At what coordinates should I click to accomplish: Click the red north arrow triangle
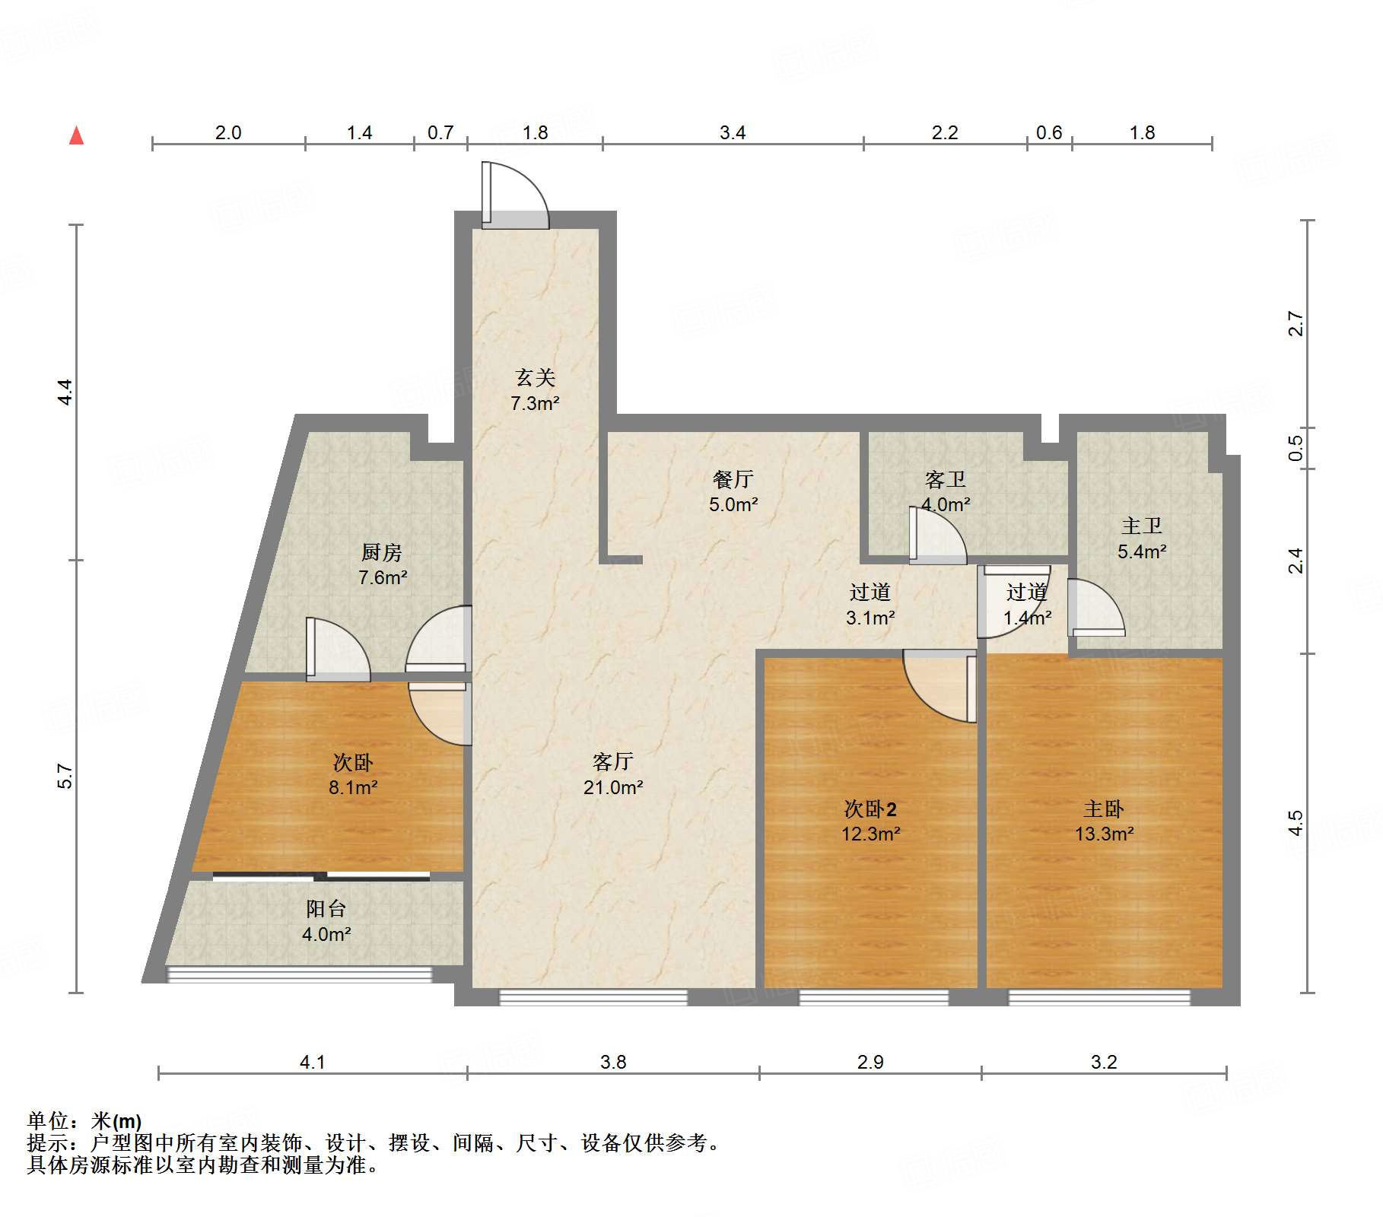click(x=76, y=135)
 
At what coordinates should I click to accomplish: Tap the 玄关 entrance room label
click(x=535, y=377)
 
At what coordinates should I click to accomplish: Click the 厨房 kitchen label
click(x=382, y=552)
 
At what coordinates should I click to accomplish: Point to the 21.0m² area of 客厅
click(x=613, y=787)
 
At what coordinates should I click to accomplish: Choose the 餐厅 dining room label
click(x=733, y=479)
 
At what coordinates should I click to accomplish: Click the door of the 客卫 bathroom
click(x=937, y=536)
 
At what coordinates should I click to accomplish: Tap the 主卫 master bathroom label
click(x=1141, y=526)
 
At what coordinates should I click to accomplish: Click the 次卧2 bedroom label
click(x=870, y=809)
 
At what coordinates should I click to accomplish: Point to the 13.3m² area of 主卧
click(x=1104, y=834)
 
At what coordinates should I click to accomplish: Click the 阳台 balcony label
click(x=326, y=908)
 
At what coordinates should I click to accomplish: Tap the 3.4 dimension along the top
click(x=732, y=133)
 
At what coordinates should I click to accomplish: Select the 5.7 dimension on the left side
click(x=65, y=776)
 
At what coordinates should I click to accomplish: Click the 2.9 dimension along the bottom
click(x=870, y=1062)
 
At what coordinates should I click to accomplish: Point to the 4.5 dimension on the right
click(x=1296, y=823)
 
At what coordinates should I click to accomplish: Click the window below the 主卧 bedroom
click(x=1099, y=997)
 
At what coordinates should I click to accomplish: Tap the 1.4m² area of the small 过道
click(x=1027, y=618)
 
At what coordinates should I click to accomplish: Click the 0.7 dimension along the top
click(x=440, y=133)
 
